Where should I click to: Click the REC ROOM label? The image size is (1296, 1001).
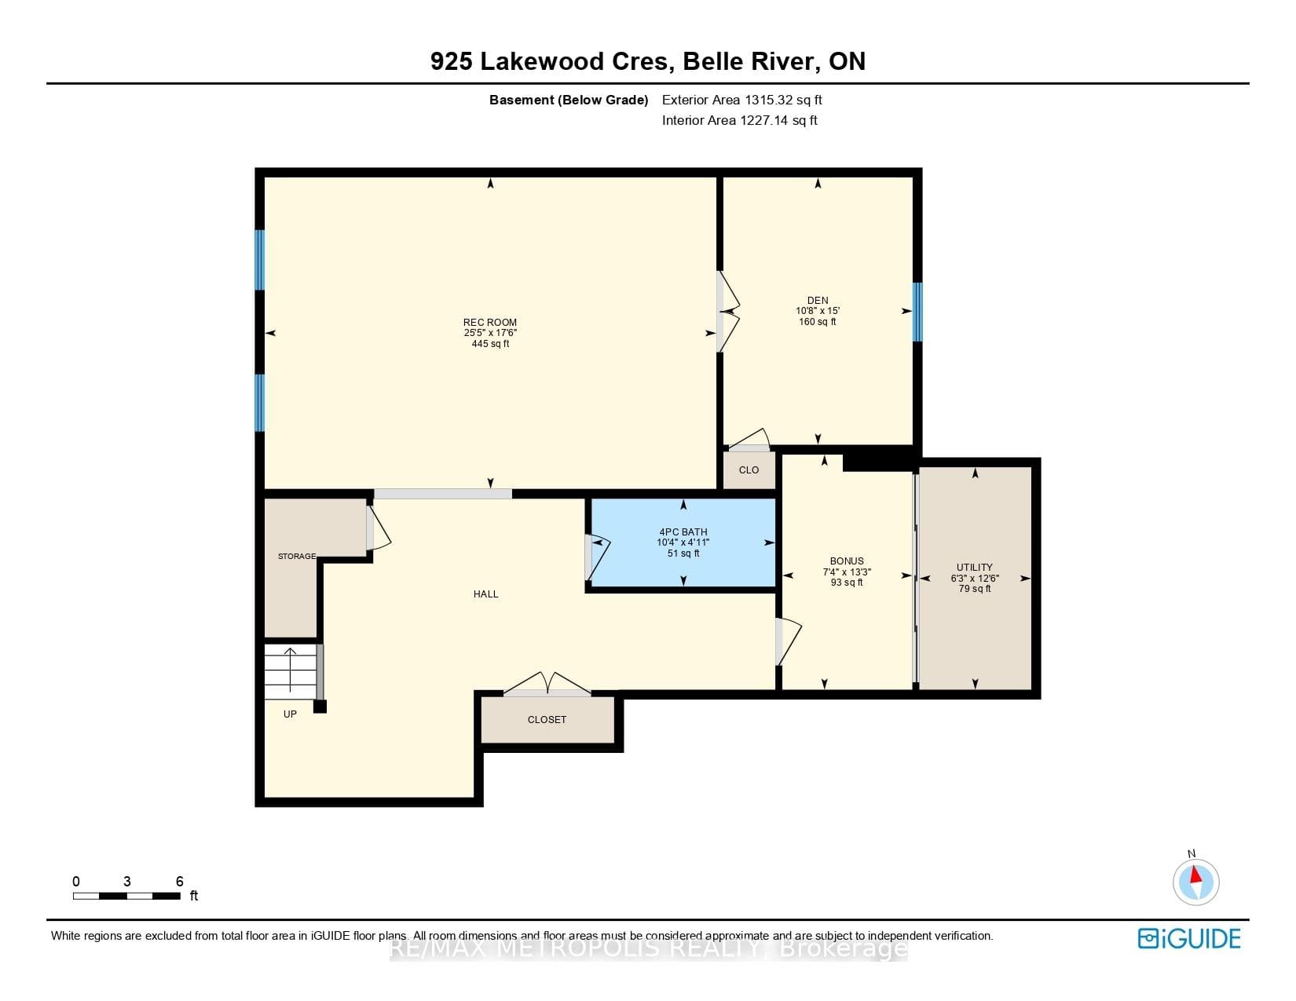pos(489,323)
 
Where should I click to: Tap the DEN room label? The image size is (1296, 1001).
pos(817,301)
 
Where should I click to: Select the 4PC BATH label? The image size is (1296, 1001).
pos(683,532)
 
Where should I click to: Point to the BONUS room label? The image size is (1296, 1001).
pos(846,561)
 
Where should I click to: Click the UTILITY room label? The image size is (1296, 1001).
pos(975,568)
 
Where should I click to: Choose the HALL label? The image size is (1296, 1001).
pos(485,594)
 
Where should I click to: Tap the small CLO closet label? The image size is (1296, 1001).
pos(749,469)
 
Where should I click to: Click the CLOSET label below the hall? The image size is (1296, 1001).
pos(547,720)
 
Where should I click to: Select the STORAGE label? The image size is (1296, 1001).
pos(296,557)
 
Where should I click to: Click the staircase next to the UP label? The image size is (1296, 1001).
pos(291,672)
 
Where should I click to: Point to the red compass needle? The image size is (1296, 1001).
pos(1195,875)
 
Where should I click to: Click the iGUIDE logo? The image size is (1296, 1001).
pos(1188,938)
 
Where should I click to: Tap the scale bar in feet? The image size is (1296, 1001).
pos(126,896)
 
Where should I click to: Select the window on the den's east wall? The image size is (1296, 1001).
pos(917,312)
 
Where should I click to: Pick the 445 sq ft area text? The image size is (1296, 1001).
pos(490,344)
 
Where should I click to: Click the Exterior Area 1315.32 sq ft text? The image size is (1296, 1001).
pos(742,100)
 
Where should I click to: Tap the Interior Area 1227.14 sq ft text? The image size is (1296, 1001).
pos(740,120)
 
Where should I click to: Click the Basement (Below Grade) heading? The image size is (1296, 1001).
pos(569,100)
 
